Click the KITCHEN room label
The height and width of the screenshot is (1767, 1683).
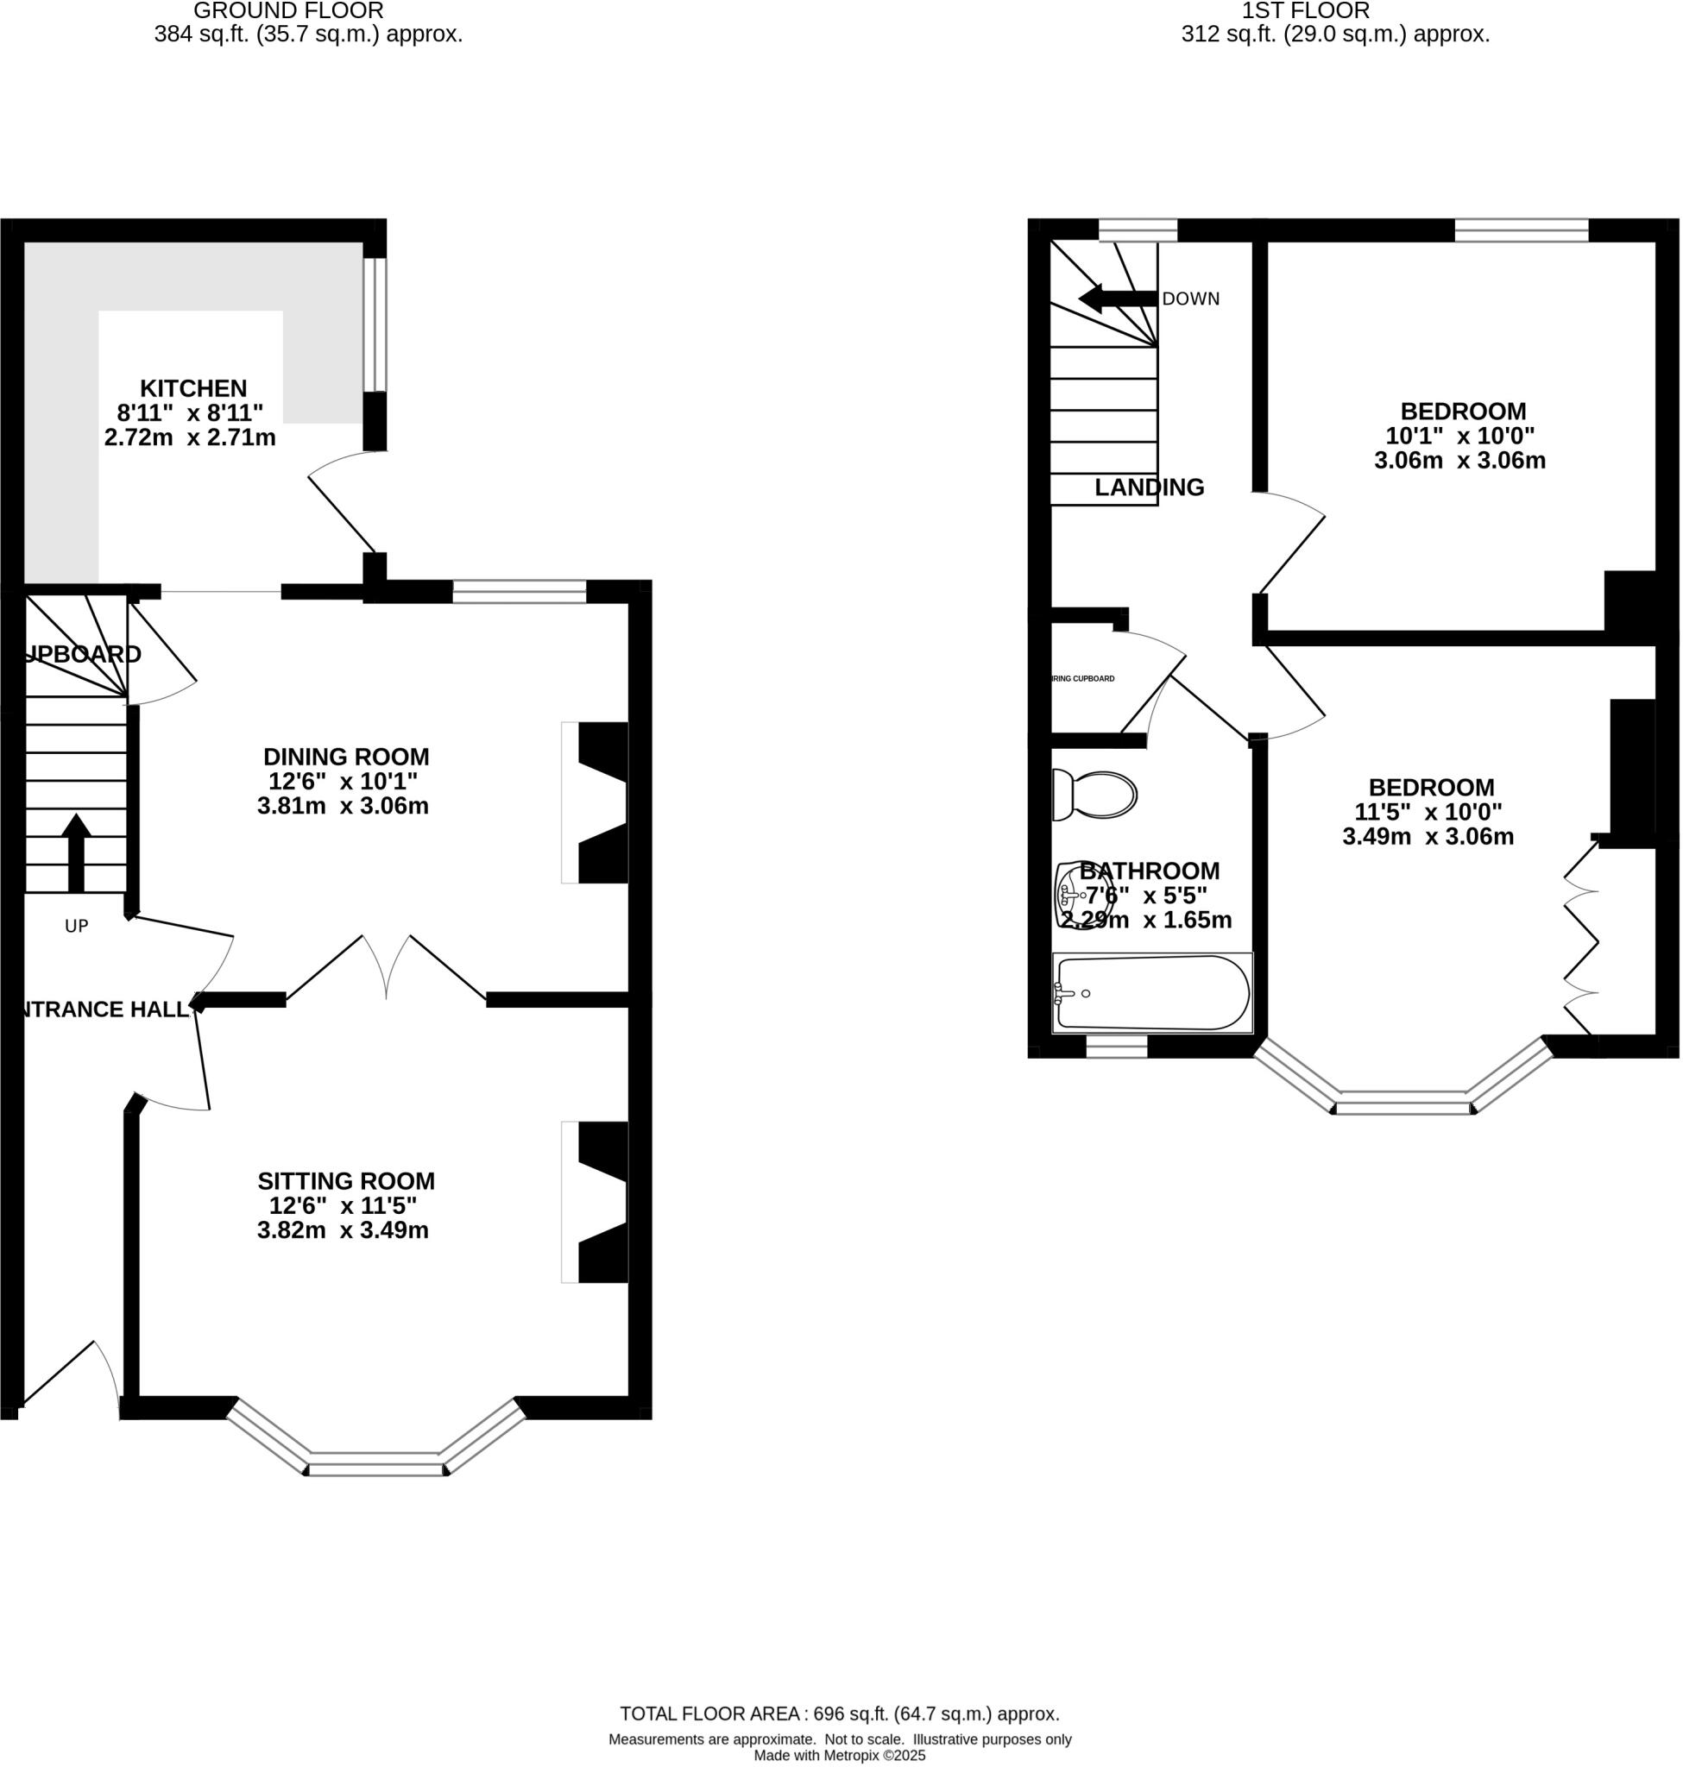pos(192,388)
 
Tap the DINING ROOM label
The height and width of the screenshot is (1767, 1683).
pos(345,756)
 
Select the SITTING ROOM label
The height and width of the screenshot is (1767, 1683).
pos(345,1180)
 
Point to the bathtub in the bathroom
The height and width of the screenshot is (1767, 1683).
pos(1153,993)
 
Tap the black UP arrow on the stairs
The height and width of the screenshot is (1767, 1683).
pos(76,852)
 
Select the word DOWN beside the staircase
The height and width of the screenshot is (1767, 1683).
pos(1190,299)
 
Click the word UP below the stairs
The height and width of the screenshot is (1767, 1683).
pos(76,926)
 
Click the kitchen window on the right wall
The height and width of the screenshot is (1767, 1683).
pos(374,325)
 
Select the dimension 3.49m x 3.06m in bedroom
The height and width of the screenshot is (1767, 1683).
pos(1428,837)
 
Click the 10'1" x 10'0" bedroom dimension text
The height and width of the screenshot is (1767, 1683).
pos(1459,436)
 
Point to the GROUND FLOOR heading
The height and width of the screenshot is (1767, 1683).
pos(288,10)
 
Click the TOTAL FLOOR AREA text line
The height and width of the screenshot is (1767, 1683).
pos(839,1714)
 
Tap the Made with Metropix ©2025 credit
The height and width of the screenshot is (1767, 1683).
pos(839,1755)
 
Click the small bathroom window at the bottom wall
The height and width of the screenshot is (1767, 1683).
pos(1116,1047)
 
